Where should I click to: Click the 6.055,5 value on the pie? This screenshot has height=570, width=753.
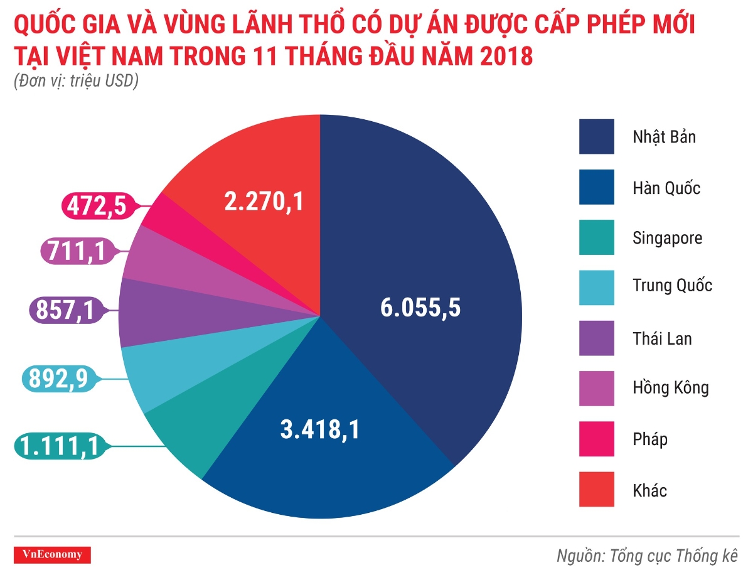(x=420, y=308)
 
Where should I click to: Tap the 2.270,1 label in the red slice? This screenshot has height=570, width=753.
(x=264, y=202)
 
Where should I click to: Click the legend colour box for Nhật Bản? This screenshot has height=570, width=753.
(x=596, y=136)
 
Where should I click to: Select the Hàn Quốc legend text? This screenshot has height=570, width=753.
(x=666, y=187)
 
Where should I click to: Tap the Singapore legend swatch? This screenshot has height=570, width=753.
(x=596, y=237)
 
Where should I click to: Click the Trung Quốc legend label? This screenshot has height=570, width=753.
(x=672, y=286)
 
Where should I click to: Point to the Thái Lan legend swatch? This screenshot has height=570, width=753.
(x=596, y=338)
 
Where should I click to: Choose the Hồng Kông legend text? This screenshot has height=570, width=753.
(x=670, y=387)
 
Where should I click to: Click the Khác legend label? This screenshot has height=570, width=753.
(x=649, y=490)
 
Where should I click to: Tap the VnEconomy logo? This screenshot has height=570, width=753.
(x=52, y=554)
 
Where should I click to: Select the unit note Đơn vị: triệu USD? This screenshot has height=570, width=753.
(x=75, y=82)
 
